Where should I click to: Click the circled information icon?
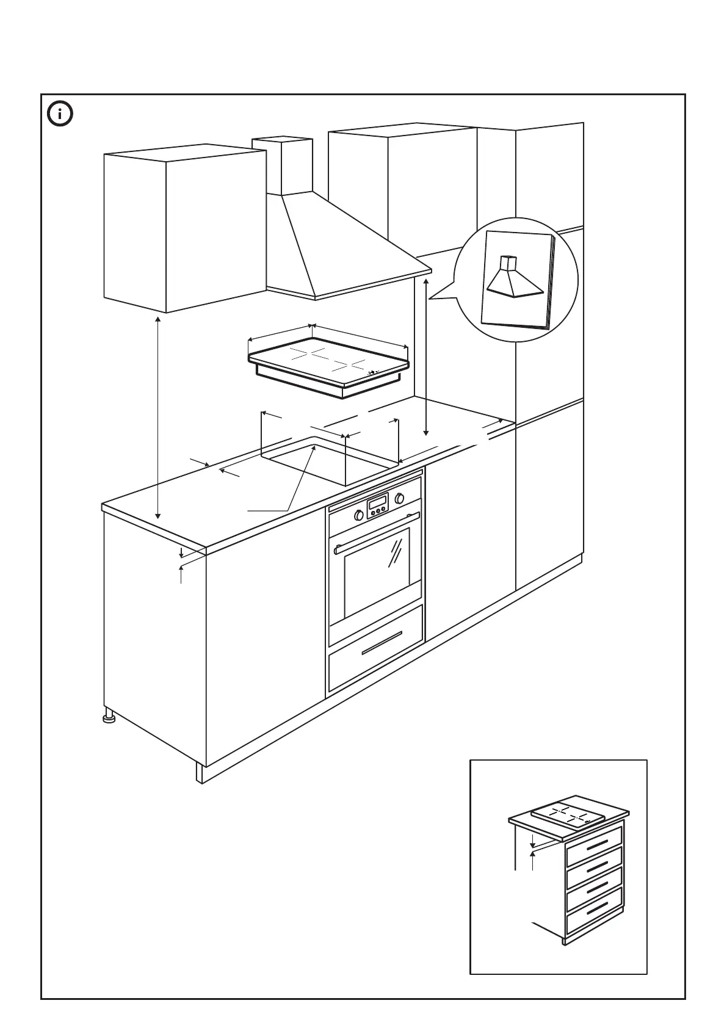point(60,114)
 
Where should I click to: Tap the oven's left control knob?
point(359,515)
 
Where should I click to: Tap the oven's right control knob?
point(400,498)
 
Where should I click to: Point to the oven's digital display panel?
point(377,505)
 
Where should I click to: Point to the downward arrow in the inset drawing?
point(532,841)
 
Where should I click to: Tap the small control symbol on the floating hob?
point(375,371)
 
